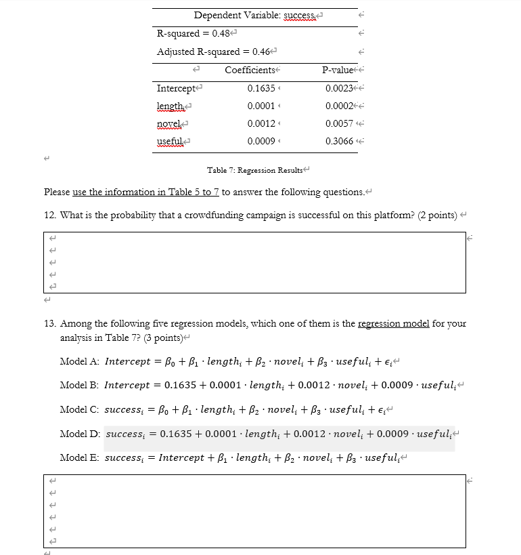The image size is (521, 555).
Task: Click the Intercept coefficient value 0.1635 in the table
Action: point(261,89)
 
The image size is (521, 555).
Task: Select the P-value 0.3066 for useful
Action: point(339,141)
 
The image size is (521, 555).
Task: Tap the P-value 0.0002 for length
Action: point(339,106)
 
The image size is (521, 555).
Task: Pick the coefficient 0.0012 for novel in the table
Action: point(261,123)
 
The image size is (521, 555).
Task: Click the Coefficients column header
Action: point(250,70)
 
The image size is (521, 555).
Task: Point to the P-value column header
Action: point(339,70)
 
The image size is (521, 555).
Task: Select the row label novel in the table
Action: point(169,123)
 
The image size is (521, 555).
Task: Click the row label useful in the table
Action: point(171,141)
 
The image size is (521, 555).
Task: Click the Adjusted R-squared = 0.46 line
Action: point(213,52)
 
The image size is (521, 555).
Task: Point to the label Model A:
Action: point(80,361)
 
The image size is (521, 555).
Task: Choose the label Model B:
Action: point(80,385)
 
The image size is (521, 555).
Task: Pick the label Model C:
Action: point(80,409)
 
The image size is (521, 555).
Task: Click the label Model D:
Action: point(80,433)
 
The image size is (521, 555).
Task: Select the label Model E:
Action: point(80,457)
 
